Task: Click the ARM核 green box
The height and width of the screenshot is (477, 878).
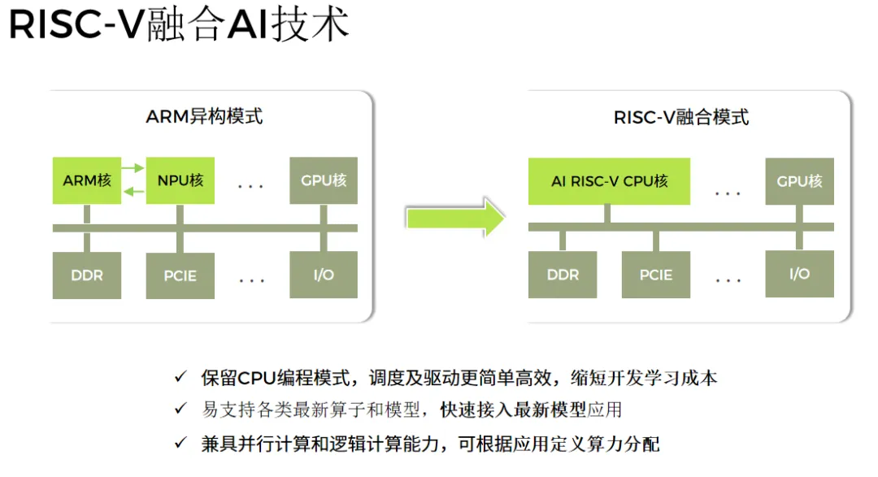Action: [x=87, y=180]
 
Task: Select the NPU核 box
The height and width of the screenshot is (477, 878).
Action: [x=180, y=180]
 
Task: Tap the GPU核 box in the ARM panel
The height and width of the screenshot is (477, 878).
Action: [x=324, y=180]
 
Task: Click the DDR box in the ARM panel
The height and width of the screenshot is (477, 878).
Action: [x=87, y=275]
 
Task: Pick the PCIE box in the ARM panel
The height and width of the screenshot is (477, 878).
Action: [x=180, y=275]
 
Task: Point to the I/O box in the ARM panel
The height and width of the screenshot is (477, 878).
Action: [x=324, y=275]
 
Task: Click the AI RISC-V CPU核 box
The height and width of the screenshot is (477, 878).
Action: [x=609, y=181]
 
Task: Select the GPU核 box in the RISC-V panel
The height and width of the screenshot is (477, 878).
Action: [x=800, y=181]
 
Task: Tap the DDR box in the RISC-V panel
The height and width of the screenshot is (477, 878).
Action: [x=563, y=275]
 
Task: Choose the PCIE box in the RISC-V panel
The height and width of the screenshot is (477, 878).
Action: [x=656, y=275]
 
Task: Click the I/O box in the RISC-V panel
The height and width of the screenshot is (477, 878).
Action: [x=800, y=273]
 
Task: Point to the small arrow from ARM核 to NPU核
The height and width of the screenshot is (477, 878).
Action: [x=133, y=168]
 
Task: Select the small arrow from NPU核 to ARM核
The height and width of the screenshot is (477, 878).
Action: [x=133, y=192]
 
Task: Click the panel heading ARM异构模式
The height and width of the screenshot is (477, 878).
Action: [x=204, y=116]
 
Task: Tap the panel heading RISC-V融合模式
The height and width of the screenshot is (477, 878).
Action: [x=681, y=118]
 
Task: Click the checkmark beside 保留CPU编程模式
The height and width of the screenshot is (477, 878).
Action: [x=180, y=376]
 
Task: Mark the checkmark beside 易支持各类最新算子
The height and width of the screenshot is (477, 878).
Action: [x=180, y=408]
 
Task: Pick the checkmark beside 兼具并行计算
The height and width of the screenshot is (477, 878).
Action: [x=180, y=443]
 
